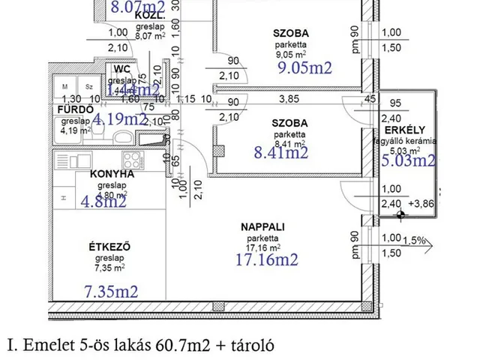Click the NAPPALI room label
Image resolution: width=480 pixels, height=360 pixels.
point(262,226)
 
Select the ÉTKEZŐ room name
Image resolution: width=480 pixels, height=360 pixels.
point(100,244)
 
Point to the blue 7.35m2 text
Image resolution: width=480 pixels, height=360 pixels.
point(111,291)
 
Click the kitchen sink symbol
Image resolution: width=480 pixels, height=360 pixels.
point(154,139)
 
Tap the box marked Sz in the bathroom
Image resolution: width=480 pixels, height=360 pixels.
point(88,87)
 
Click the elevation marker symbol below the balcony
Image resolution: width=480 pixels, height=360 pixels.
point(403,214)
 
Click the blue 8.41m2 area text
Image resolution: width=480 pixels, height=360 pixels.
point(282,154)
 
